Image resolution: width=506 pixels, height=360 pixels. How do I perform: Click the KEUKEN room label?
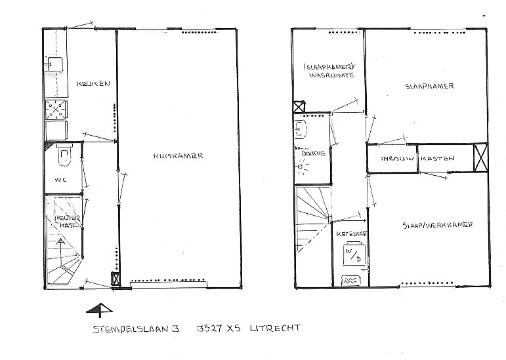click(x=93, y=83)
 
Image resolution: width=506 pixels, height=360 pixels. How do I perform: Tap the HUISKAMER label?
click(x=178, y=155)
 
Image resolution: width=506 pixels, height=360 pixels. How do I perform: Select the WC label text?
click(x=60, y=180)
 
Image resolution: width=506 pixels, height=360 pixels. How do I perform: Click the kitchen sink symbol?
click(x=55, y=64)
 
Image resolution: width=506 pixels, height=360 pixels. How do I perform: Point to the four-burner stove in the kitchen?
click(x=56, y=110)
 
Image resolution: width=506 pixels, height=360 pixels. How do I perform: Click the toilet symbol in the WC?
click(x=65, y=154)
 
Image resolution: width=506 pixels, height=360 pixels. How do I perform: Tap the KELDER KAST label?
click(x=68, y=222)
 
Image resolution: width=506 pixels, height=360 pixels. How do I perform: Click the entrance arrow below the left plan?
click(x=100, y=310)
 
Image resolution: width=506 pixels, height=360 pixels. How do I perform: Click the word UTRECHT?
click(x=275, y=329)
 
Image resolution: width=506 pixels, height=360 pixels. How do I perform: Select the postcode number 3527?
click(x=209, y=329)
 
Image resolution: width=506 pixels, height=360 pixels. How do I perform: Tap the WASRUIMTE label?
click(x=331, y=75)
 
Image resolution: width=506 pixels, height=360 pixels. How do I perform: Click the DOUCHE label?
click(x=313, y=153)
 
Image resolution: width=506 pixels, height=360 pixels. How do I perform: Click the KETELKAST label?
click(x=351, y=234)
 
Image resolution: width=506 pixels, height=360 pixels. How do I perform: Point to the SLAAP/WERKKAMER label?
click(x=438, y=225)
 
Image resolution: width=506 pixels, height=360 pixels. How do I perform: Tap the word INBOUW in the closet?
click(x=398, y=159)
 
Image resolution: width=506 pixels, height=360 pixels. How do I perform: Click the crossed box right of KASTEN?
click(x=480, y=158)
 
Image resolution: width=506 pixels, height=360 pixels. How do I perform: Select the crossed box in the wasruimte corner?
click(x=299, y=107)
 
